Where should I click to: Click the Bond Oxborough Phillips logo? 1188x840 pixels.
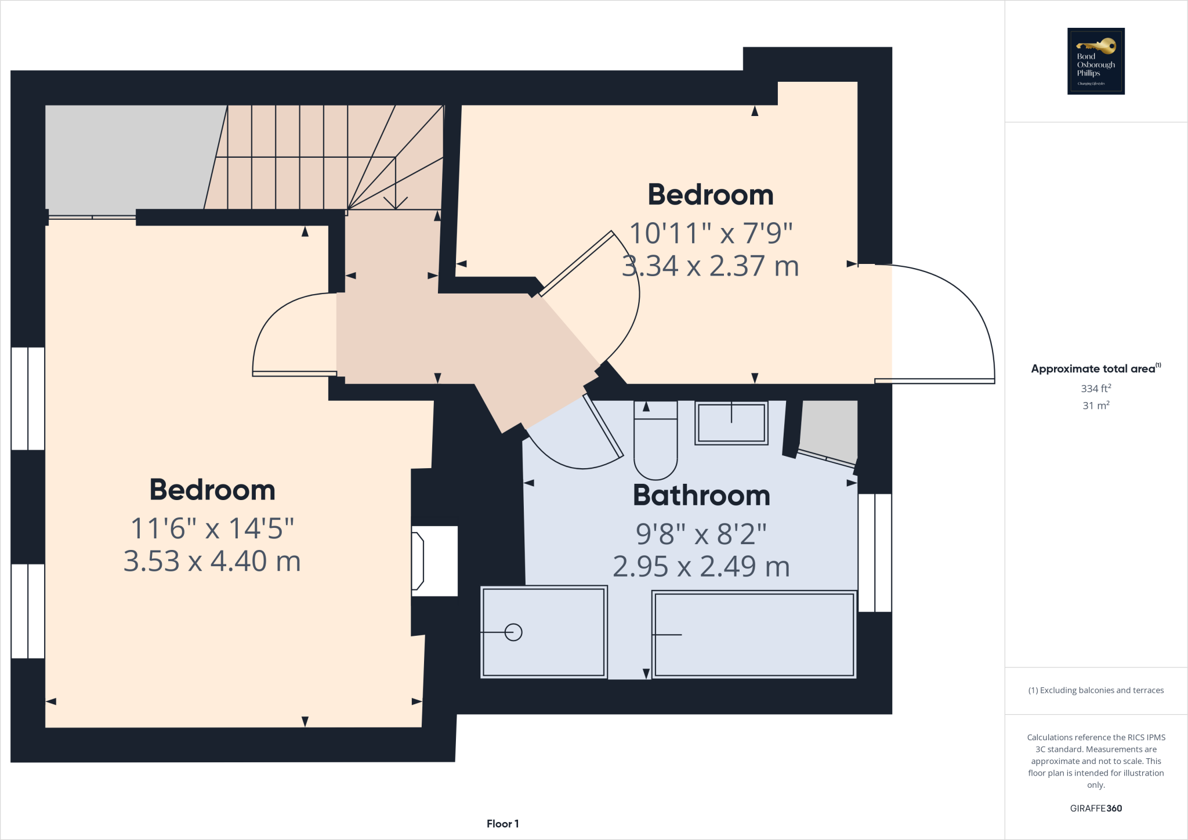click(1096, 61)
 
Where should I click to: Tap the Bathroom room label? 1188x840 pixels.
click(701, 495)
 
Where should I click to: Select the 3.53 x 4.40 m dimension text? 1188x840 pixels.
click(212, 562)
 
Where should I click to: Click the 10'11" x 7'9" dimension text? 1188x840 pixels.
click(711, 233)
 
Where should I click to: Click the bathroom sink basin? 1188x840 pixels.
click(731, 423)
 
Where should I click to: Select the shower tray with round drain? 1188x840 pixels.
click(544, 632)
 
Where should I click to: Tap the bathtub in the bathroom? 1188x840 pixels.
click(754, 635)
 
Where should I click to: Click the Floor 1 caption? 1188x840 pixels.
click(502, 824)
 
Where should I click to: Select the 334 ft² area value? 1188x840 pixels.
click(1096, 389)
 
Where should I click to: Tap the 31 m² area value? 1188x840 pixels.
click(1096, 405)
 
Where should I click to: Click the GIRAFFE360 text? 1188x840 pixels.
click(1096, 808)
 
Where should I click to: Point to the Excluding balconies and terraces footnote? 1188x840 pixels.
click(1096, 690)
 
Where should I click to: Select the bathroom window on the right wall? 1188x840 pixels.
click(875, 552)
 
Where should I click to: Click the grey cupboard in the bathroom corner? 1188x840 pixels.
click(830, 429)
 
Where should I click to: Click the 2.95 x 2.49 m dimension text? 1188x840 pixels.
click(701, 567)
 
